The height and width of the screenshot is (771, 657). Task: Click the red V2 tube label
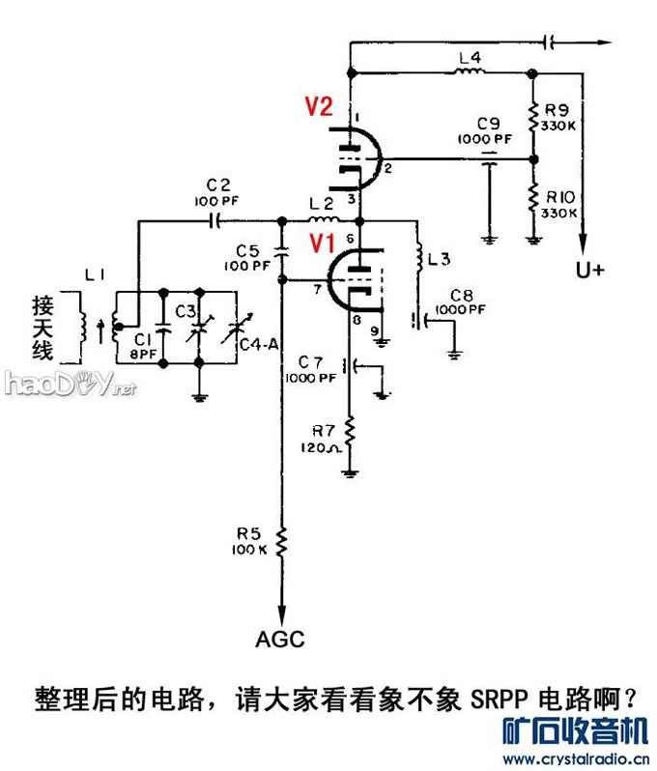(x=320, y=107)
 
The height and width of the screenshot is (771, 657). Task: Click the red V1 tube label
(x=322, y=243)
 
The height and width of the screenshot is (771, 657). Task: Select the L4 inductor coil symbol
(x=470, y=71)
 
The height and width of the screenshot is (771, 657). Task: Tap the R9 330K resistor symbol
(x=531, y=115)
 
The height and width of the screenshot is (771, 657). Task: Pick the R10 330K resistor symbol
(x=531, y=197)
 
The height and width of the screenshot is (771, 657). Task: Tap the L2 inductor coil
(x=320, y=219)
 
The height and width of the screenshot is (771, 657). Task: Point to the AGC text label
(x=280, y=639)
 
